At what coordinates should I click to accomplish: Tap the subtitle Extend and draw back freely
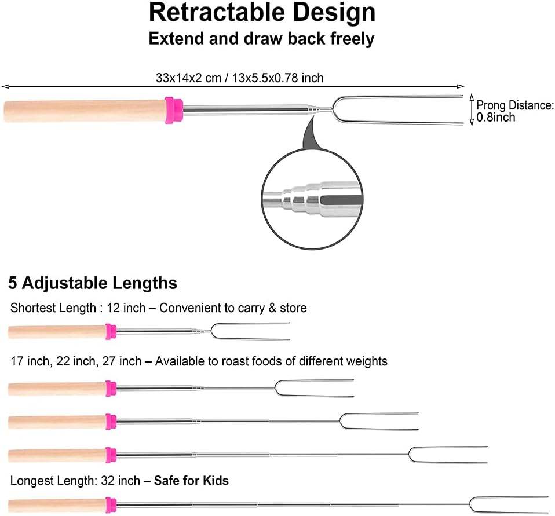261,39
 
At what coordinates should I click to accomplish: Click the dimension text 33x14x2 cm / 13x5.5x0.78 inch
239,78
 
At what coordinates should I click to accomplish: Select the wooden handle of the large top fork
85,111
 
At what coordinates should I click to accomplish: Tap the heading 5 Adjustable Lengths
93,283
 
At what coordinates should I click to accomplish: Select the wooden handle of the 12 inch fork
57,332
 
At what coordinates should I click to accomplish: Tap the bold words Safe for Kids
191,481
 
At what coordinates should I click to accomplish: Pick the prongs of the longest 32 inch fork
510,504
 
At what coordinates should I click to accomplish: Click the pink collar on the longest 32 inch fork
111,505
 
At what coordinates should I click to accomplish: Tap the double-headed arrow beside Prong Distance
471,110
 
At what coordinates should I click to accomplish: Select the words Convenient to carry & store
233,308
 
